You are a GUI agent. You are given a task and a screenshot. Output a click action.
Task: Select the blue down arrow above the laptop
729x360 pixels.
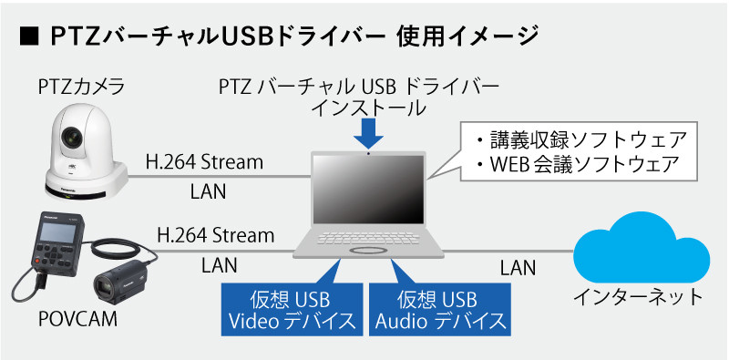[367, 135]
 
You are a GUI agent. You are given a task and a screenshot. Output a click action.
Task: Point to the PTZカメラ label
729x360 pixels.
[81, 88]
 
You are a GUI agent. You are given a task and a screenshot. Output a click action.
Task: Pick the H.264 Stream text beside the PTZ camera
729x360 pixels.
[204, 163]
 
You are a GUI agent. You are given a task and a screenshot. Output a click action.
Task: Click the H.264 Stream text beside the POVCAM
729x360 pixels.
[216, 236]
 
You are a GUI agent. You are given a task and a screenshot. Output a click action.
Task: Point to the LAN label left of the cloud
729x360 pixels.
[517, 267]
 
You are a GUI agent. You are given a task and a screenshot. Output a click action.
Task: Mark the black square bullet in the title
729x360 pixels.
[26, 37]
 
